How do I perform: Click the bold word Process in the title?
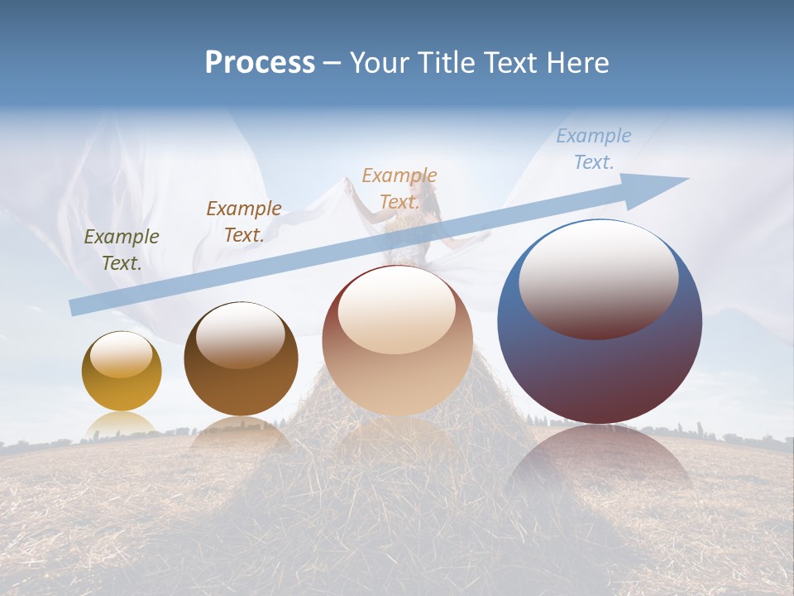click(x=260, y=63)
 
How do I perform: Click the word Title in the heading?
click(x=447, y=63)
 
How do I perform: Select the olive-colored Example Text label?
click(x=122, y=250)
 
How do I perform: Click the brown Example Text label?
click(x=244, y=221)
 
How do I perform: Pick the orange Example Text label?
click(x=399, y=189)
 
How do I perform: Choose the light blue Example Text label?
click(x=593, y=149)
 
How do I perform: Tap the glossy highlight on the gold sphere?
click(x=122, y=354)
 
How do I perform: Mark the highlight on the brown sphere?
click(x=241, y=334)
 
